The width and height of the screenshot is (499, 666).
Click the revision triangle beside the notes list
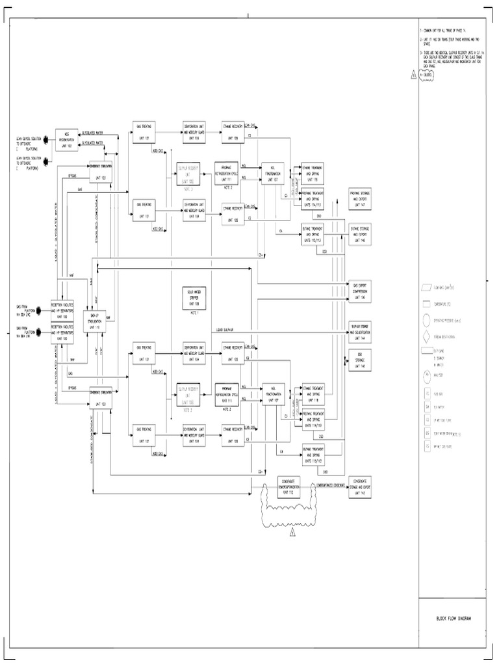pos(413,75)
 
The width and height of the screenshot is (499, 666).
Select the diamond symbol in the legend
pos(426,337)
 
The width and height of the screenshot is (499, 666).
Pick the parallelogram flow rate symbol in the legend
pos(426,286)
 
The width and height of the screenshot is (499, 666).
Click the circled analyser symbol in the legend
pos(426,375)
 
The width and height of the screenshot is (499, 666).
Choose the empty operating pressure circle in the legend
pos(426,320)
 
